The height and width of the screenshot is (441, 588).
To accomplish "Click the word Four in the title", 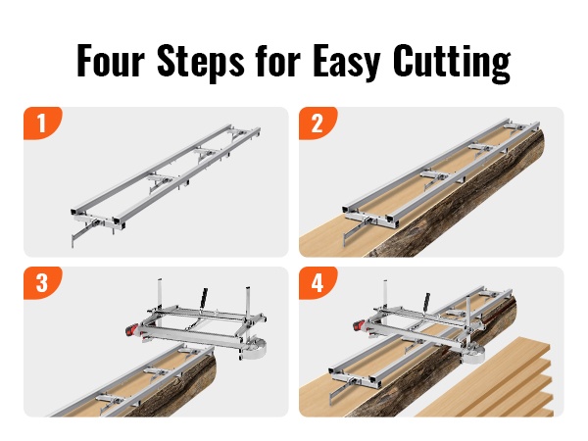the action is point(111,61).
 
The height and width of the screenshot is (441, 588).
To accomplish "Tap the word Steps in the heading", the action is point(201,63).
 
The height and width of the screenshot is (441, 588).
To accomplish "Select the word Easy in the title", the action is point(347,63).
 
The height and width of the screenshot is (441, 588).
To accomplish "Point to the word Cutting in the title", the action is point(452,63).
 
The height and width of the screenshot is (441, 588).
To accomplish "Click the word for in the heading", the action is point(278,61).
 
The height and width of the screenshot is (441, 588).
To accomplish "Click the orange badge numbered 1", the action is point(43,123).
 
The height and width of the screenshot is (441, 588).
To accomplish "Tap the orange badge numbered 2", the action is point(318,123).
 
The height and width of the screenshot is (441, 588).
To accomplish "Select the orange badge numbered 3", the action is point(43,283).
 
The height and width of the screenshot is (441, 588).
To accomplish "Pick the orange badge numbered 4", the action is point(318,283).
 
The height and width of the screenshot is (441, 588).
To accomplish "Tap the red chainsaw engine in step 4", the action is point(360,325).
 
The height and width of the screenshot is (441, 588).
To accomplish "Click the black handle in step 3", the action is point(204,298).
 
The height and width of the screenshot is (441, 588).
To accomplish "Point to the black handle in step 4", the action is point(426,302).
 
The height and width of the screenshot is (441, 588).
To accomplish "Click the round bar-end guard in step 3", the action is point(256,348).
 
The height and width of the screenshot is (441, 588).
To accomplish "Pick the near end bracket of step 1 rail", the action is point(98,221).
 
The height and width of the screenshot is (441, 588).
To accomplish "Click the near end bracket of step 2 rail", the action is point(370,219).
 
